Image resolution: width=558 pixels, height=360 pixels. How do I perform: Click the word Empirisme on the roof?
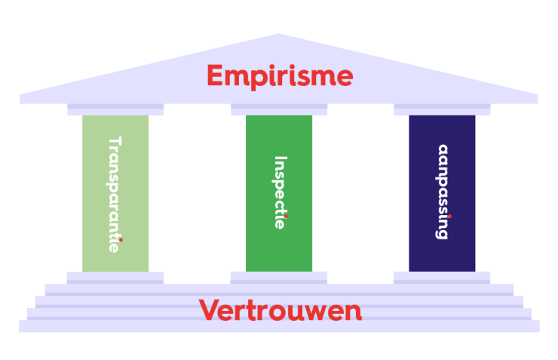[x=279, y=76]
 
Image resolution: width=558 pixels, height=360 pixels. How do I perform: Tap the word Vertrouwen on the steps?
[x=280, y=310]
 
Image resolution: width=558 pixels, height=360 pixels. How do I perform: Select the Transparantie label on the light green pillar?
[x=115, y=194]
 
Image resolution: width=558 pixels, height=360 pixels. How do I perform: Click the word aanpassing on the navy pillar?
[x=443, y=192]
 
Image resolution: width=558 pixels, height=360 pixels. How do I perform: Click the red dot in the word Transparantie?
[x=121, y=240]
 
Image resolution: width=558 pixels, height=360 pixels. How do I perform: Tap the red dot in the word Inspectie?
[x=286, y=216]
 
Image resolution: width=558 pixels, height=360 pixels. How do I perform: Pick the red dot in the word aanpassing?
[x=449, y=215]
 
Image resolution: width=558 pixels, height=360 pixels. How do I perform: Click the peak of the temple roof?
[x=279, y=35]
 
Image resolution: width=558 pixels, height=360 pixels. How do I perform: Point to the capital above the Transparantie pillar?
[x=115, y=109]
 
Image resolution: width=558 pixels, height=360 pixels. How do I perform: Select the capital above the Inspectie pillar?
[x=279, y=109]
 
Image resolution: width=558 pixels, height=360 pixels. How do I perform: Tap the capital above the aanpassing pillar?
[x=442, y=109]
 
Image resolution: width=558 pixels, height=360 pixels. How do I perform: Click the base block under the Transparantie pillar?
[x=115, y=277]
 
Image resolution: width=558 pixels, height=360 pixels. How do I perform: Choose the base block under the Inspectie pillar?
[x=279, y=277]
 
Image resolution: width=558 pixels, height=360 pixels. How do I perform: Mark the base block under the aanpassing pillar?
[x=442, y=277]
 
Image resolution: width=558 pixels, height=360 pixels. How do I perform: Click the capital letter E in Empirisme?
[x=215, y=76]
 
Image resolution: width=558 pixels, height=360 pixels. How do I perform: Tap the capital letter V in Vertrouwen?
[x=209, y=309]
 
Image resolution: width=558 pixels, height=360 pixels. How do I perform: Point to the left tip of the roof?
[x=21, y=97]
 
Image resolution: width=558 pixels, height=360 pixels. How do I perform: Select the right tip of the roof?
[x=537, y=97]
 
